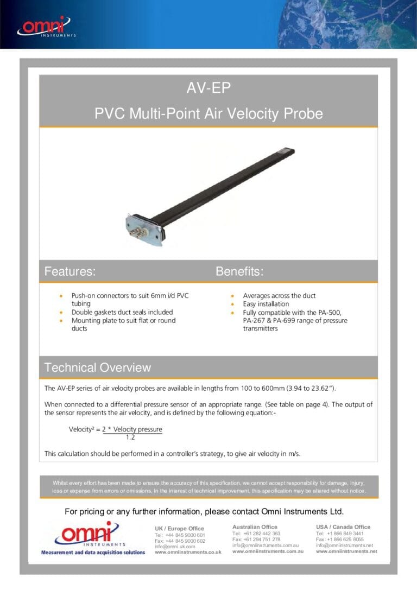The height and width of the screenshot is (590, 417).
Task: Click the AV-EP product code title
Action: coord(208,88)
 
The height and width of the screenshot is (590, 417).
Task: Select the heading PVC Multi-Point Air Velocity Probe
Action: coord(208,114)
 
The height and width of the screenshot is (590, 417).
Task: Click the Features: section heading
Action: coord(70,271)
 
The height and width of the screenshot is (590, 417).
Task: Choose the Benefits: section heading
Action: coord(239,271)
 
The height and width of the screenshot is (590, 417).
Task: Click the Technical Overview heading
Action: coord(98,367)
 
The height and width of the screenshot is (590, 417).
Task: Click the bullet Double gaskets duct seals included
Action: coord(122,312)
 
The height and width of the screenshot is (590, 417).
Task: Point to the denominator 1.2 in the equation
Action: coord(130,437)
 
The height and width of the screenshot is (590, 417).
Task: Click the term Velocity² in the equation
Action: coord(82,429)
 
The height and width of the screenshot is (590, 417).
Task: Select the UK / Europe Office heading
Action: coord(179,529)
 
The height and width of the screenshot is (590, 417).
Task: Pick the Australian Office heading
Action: coord(255,527)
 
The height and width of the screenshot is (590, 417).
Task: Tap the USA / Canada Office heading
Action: coord(343,527)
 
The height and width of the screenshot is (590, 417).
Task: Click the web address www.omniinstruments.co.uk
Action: coord(188,552)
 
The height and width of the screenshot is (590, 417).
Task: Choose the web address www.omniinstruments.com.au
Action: coord(268,551)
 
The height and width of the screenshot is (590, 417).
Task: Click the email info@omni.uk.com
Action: coord(174,547)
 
